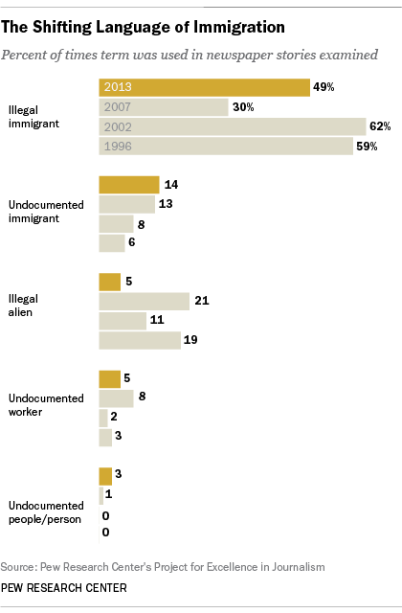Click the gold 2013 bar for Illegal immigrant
coord(204,87)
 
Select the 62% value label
coord(380,126)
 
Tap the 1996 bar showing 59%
coord(226,147)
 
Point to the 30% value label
coord(243,106)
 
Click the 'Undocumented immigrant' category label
coord(46,212)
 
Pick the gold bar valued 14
coord(129,185)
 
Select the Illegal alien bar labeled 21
coord(145,301)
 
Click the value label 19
coord(190,340)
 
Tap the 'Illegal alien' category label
coord(23,306)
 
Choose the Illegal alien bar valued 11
coord(123,321)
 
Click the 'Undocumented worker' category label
coord(46,405)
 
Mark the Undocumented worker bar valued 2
coord(103,418)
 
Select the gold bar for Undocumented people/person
coord(105,476)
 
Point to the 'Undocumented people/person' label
coord(46,512)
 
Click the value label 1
coord(108,494)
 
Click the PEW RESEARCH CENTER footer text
coord(64,588)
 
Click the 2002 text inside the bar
coord(118,127)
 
